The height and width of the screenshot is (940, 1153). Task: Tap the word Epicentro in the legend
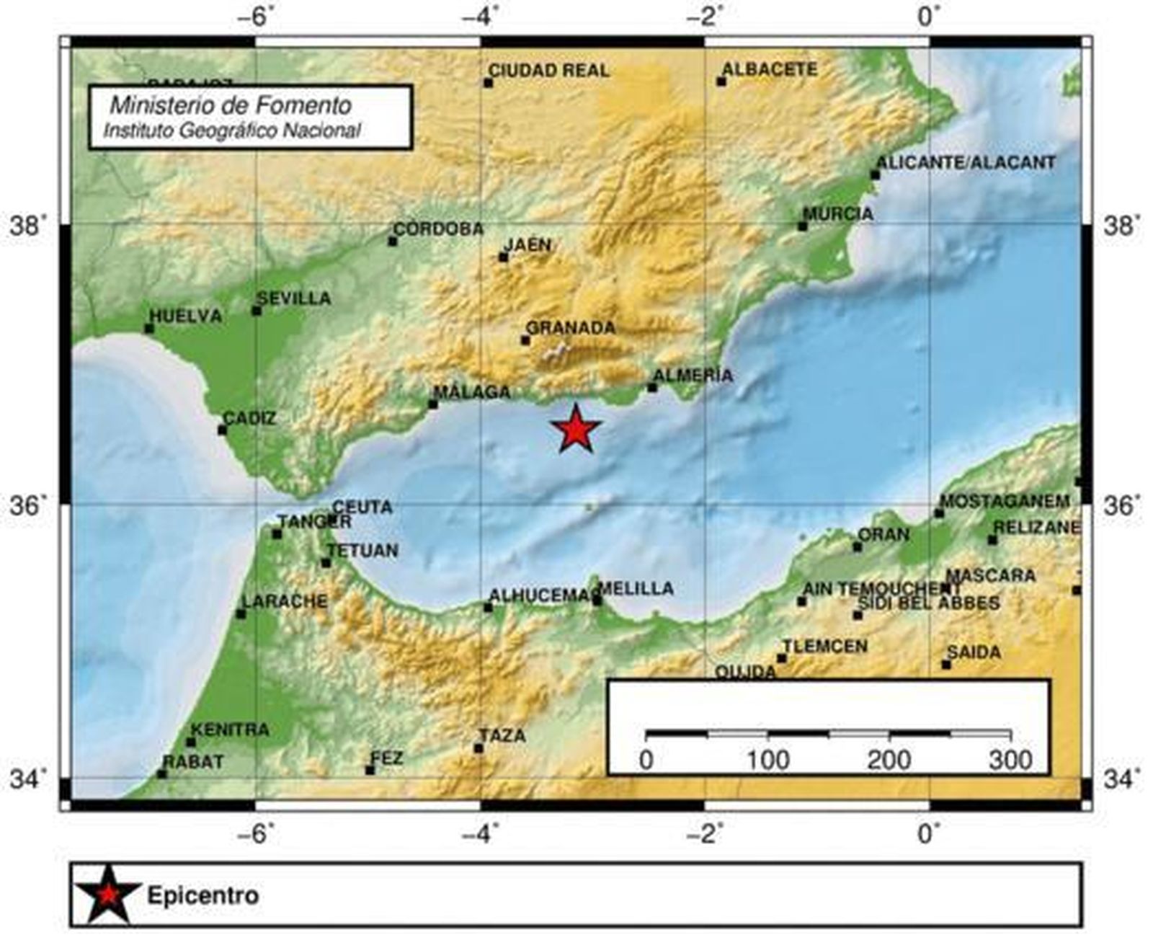click(203, 895)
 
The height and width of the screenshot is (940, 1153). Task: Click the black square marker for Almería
click(652, 388)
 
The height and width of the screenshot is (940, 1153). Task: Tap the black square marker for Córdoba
click(393, 241)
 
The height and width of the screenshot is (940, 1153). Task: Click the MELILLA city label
click(637, 589)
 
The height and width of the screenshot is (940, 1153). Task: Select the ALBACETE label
click(770, 70)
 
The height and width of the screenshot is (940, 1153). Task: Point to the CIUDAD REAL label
click(549, 71)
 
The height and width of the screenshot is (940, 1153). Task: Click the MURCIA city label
click(839, 214)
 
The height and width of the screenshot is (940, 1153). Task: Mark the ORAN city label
click(885, 535)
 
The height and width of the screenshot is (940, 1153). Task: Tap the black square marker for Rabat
click(162, 773)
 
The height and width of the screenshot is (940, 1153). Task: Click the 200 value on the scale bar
click(889, 760)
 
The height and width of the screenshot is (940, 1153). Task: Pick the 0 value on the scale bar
click(646, 760)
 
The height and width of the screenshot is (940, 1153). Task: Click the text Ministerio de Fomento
click(231, 106)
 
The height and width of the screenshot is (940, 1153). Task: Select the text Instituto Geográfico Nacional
click(232, 130)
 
